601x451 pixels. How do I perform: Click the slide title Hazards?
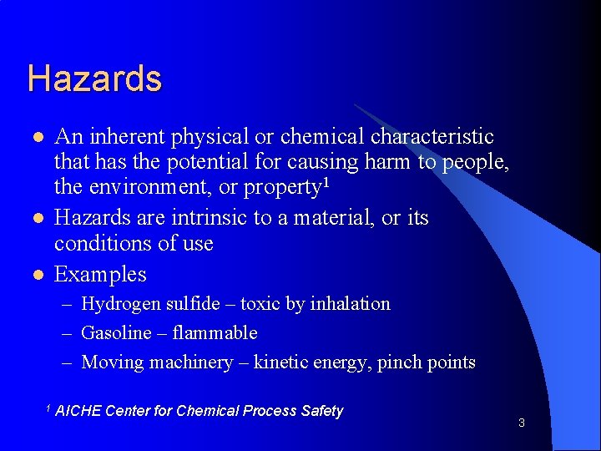pos(94,79)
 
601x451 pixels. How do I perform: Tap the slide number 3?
pos(521,423)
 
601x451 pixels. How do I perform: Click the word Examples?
pos(100,274)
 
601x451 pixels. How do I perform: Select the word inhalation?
pos(350,304)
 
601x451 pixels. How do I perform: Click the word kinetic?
pos(281,362)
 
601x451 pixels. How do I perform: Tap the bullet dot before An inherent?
pos(37,137)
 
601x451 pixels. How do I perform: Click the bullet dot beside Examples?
pos(37,275)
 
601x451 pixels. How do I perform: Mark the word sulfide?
pos(194,304)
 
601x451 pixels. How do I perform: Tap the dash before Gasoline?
pos(70,333)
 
